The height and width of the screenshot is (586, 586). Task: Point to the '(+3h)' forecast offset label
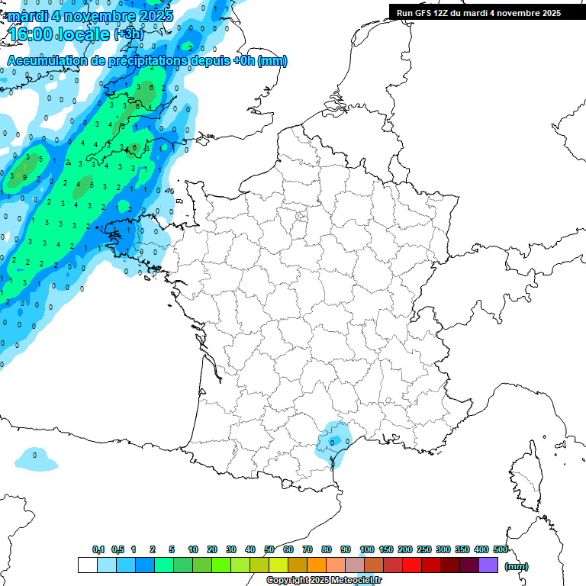point(129,35)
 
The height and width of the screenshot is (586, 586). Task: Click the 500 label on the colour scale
point(501,549)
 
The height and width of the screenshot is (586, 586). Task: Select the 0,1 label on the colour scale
point(98,549)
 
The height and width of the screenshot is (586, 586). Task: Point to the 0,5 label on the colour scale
point(118,549)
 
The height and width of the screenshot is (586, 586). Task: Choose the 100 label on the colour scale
point(366,549)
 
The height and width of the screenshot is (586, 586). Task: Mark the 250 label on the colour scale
point(423,549)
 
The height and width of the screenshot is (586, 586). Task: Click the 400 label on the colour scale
point(481,549)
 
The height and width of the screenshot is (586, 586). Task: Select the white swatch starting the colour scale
point(87,565)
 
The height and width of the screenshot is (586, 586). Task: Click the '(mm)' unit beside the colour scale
point(517,566)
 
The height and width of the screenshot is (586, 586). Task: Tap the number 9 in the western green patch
point(25,177)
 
